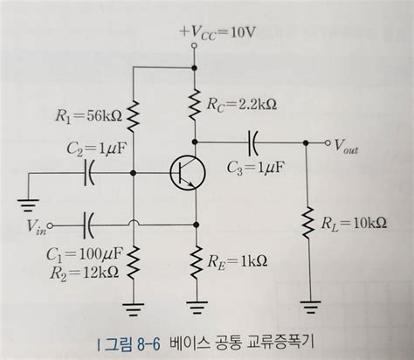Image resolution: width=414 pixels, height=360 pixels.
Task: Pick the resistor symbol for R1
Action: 133,113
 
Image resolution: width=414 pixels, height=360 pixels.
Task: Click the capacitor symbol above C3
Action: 252,140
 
